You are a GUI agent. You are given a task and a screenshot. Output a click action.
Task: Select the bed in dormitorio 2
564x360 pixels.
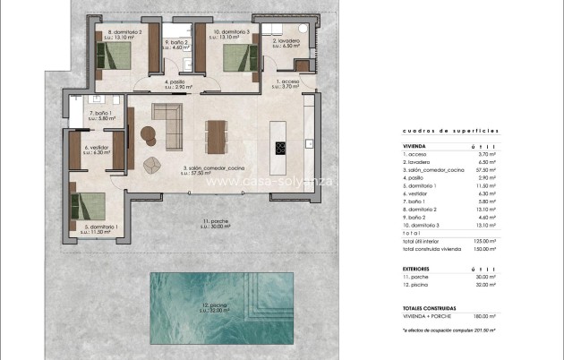(115, 57)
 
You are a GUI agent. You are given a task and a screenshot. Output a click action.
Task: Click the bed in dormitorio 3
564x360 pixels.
(237, 57)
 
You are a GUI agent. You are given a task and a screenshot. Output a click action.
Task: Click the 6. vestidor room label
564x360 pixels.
(97, 150)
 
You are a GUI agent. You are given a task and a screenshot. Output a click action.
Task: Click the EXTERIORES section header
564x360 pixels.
(417, 267)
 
